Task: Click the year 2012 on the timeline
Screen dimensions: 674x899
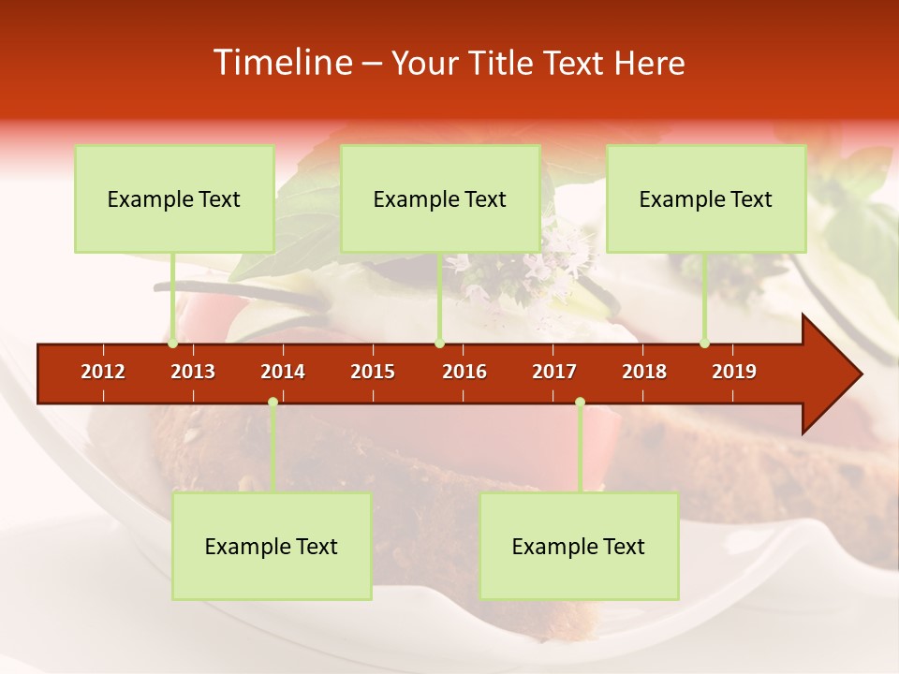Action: [103, 372]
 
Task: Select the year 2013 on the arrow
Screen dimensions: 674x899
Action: [193, 372]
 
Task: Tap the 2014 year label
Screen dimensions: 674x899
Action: [283, 372]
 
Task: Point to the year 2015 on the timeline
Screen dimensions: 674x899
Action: [373, 372]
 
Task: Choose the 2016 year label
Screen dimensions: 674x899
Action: [464, 372]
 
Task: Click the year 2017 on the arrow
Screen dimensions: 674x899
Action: [554, 372]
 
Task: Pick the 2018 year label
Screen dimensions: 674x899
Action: [644, 372]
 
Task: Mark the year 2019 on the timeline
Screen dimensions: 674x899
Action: [734, 372]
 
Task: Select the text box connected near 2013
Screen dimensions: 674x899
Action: [174, 198]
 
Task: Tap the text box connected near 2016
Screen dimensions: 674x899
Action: [440, 198]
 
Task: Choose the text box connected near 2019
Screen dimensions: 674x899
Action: [706, 198]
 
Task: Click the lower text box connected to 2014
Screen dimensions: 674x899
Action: [272, 547]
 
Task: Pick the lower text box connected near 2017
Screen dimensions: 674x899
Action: [579, 547]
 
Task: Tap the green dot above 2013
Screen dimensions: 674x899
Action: [173, 344]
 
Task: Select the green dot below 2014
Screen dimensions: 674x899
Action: [273, 403]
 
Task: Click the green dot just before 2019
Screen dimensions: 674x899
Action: [704, 344]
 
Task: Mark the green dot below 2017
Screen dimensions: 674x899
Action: [580, 403]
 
